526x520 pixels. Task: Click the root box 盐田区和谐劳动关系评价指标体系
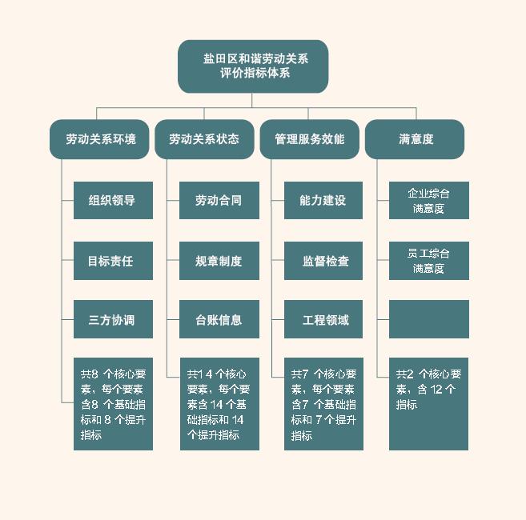point(253,66)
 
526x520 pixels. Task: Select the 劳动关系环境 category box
point(101,139)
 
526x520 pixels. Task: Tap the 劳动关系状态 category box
point(204,139)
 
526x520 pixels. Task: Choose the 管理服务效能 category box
point(310,139)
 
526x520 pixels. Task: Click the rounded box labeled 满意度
point(415,139)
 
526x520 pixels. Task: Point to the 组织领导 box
point(113,200)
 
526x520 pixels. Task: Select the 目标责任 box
point(113,261)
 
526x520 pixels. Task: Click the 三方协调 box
point(113,320)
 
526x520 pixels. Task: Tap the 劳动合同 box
point(219,200)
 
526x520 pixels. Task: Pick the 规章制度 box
point(219,261)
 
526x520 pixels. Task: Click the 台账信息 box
point(219,320)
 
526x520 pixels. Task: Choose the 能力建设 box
point(323,200)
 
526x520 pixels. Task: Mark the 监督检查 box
point(323,261)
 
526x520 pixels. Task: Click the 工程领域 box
point(323,320)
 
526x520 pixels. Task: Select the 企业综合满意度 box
point(428,200)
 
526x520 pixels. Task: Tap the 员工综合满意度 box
point(428,261)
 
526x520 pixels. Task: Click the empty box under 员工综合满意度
point(428,319)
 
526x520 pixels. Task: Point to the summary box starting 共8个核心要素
point(113,404)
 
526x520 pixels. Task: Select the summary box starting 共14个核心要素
point(219,404)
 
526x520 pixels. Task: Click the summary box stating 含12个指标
point(428,404)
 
